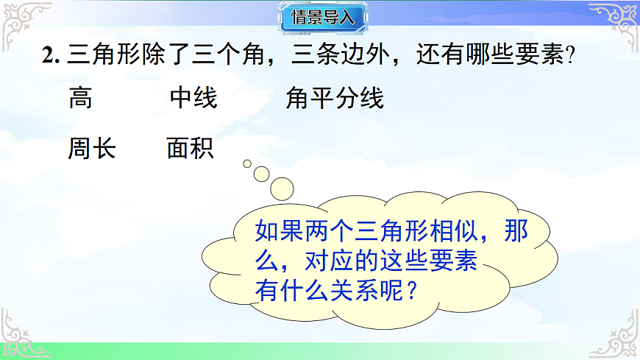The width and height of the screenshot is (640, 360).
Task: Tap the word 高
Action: coord(80,98)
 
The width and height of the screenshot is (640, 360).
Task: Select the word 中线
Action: coord(193,98)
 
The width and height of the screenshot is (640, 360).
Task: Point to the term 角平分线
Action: coord(335,98)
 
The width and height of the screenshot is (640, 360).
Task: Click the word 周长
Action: coord(92,148)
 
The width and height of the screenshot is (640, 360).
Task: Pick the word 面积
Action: coord(191,148)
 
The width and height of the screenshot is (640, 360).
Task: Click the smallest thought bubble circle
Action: coord(247,163)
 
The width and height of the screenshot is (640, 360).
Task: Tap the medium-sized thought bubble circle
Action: coord(262,174)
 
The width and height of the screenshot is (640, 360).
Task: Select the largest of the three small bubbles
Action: coord(282,188)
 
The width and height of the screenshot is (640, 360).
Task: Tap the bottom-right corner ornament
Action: coord(618,337)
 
